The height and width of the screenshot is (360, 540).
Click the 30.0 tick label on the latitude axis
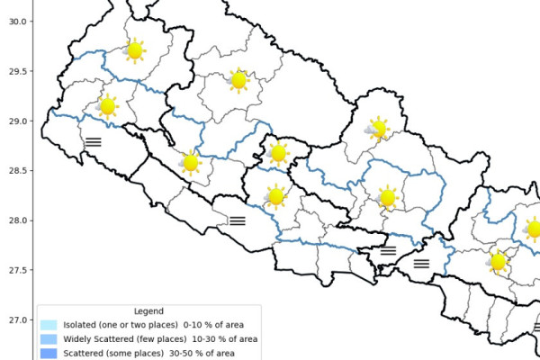(x=15, y=22)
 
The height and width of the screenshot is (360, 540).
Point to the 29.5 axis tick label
(x=15, y=71)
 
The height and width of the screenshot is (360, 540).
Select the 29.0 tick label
(x=15, y=121)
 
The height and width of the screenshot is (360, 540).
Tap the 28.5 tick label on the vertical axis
(x=15, y=171)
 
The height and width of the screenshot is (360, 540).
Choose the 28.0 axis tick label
(x=15, y=220)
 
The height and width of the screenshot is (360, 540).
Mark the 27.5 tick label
(x=15, y=270)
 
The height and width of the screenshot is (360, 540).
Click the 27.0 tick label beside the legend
(x=15, y=319)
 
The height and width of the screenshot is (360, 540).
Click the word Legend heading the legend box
(x=147, y=311)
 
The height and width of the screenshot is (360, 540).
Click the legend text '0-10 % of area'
(x=221, y=325)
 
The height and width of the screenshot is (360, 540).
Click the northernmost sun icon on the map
(x=134, y=50)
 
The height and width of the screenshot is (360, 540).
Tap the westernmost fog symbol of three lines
(x=94, y=141)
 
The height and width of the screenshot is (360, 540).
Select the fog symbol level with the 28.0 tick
(x=238, y=220)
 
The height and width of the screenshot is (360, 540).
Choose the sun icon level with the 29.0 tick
(x=107, y=106)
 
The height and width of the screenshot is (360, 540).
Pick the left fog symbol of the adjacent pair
(x=389, y=251)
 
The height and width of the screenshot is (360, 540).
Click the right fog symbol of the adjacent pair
(x=421, y=264)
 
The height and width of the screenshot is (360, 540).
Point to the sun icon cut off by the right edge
(x=533, y=229)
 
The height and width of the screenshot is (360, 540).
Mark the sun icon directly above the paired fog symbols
(x=388, y=197)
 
